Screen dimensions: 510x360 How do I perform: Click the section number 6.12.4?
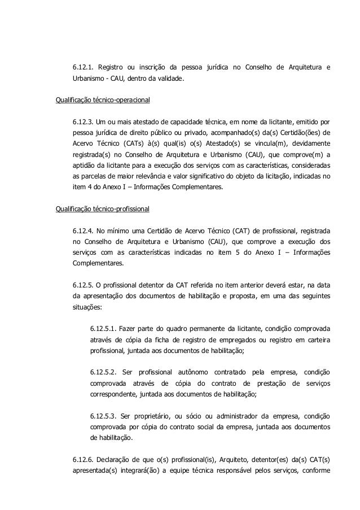click(82, 230)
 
